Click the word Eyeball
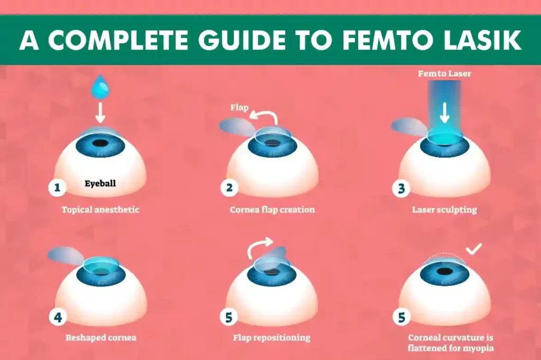pyautogui.click(x=100, y=184)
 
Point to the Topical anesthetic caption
pyautogui.click(x=100, y=210)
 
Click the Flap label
pyautogui.click(x=239, y=108)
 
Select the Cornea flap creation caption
pyautogui.click(x=272, y=210)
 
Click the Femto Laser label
pyautogui.click(x=444, y=74)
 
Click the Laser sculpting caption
pyautogui.click(x=444, y=210)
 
